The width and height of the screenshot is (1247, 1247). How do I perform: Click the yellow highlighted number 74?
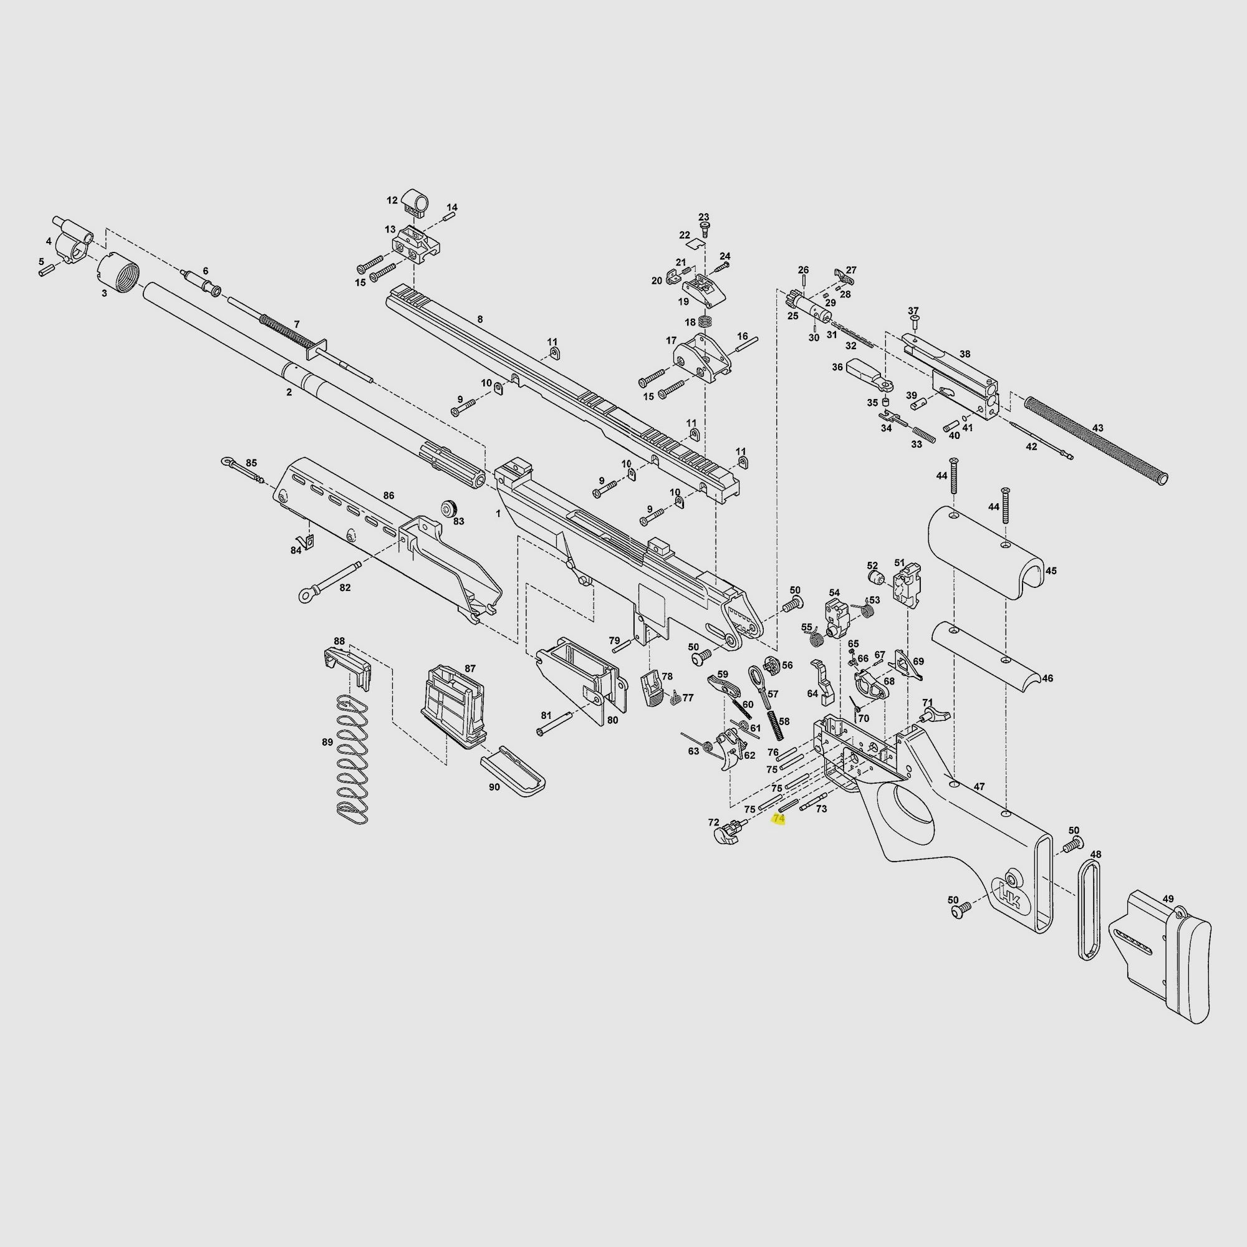coord(778,819)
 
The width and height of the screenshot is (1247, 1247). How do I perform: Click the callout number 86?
coord(388,496)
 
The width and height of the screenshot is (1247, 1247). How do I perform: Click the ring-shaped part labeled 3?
coord(117,271)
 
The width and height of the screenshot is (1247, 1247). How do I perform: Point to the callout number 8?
coord(479,319)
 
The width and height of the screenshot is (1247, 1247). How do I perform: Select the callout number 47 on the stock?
coord(979,787)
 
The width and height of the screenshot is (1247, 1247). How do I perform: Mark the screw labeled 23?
coord(704,228)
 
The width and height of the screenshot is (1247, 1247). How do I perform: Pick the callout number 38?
coord(965,354)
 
